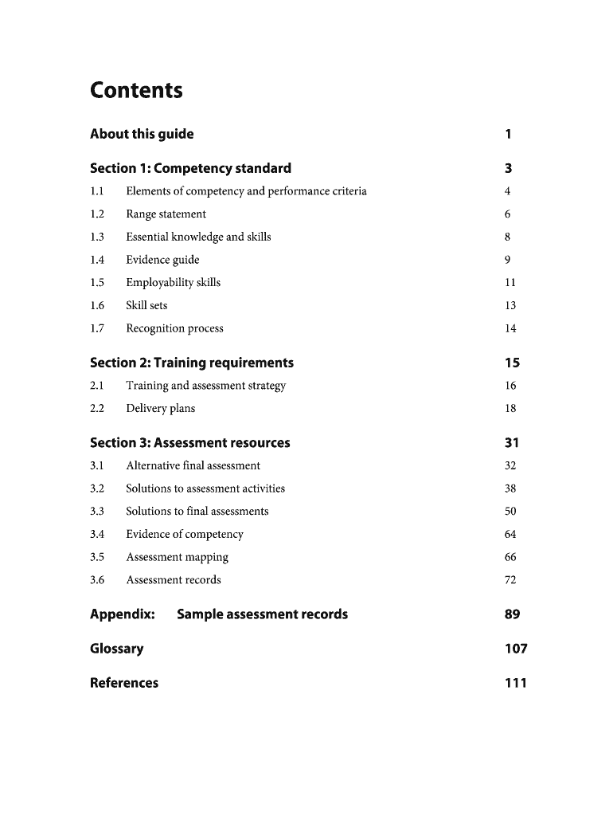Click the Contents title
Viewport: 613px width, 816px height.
[x=136, y=91]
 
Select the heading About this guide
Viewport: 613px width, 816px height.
[x=142, y=134]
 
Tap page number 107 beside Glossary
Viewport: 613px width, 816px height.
[x=516, y=649]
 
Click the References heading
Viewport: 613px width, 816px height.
[x=124, y=683]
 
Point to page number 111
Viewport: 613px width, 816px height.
[x=516, y=683]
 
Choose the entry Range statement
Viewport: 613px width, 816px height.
[x=166, y=214]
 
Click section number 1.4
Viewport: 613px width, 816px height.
[x=97, y=260]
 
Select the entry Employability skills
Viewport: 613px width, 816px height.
[x=173, y=283]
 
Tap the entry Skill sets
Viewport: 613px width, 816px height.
[x=146, y=305]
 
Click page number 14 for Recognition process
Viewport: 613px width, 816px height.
[x=510, y=328]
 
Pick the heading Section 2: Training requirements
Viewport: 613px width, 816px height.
[x=192, y=363]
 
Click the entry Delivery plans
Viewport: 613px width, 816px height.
[x=160, y=409]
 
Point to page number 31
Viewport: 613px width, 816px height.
[x=512, y=443]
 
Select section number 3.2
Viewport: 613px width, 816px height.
[x=97, y=488]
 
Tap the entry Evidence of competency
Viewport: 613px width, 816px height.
[x=184, y=534]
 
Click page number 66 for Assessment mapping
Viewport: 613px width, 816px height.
[x=510, y=557]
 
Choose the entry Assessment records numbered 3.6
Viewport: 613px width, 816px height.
[x=174, y=580]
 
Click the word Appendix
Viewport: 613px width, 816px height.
[x=122, y=614]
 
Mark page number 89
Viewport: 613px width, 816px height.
[x=512, y=614]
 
